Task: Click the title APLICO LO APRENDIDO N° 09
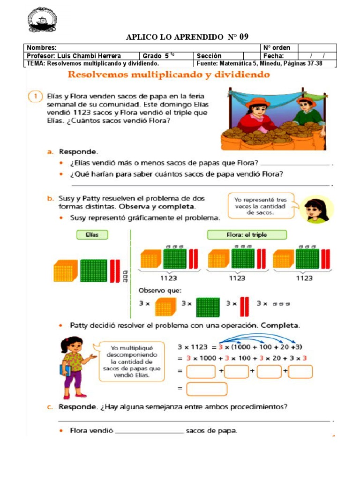[x=187, y=37]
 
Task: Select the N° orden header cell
[x=277, y=48]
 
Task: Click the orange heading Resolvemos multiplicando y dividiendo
[x=169, y=75]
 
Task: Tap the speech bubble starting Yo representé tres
[x=262, y=205]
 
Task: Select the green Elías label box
[x=92, y=235]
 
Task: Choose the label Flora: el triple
[x=247, y=235]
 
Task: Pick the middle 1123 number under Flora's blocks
[x=237, y=278]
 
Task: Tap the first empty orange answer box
[x=201, y=372]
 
